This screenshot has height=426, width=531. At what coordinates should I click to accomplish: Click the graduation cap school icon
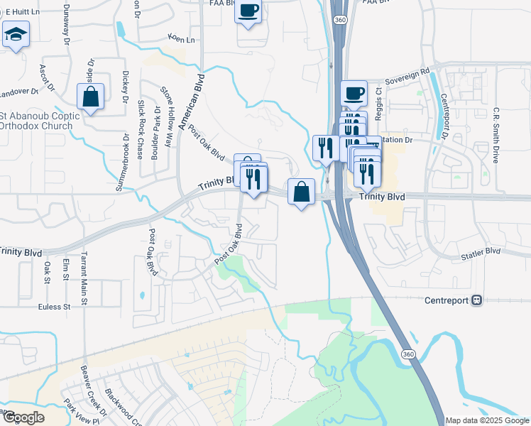click(15, 34)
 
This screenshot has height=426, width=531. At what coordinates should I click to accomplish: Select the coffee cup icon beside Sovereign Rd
click(354, 93)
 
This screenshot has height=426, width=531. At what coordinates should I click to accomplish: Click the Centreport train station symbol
click(476, 300)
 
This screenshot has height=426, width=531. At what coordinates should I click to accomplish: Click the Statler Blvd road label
click(481, 252)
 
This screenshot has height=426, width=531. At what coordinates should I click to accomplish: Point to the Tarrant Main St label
click(83, 278)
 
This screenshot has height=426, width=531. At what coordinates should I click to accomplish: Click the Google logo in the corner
click(23, 417)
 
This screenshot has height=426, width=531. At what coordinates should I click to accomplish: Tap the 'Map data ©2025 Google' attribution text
click(486, 420)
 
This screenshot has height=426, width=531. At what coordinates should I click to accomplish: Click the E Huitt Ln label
click(20, 11)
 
